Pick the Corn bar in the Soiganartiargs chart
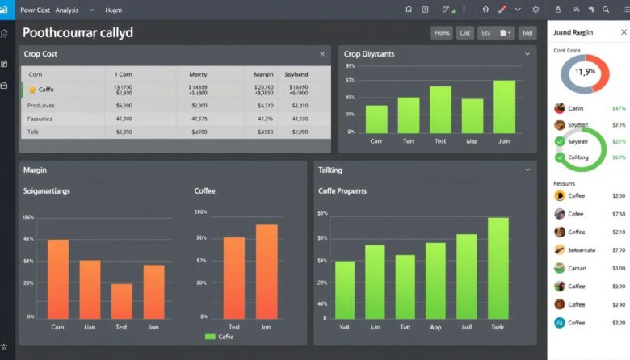coord(58,278)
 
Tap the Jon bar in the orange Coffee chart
coord(267,271)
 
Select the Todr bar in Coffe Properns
coord(498,268)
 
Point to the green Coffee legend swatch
coord(211,337)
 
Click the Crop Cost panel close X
coord(322,54)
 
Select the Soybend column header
coord(296,73)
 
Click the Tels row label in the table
coord(33,131)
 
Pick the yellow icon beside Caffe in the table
coord(32,90)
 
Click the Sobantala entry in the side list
coord(582,250)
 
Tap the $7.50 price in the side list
coord(619,214)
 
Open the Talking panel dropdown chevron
coord(527,170)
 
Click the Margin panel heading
coord(35,170)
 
